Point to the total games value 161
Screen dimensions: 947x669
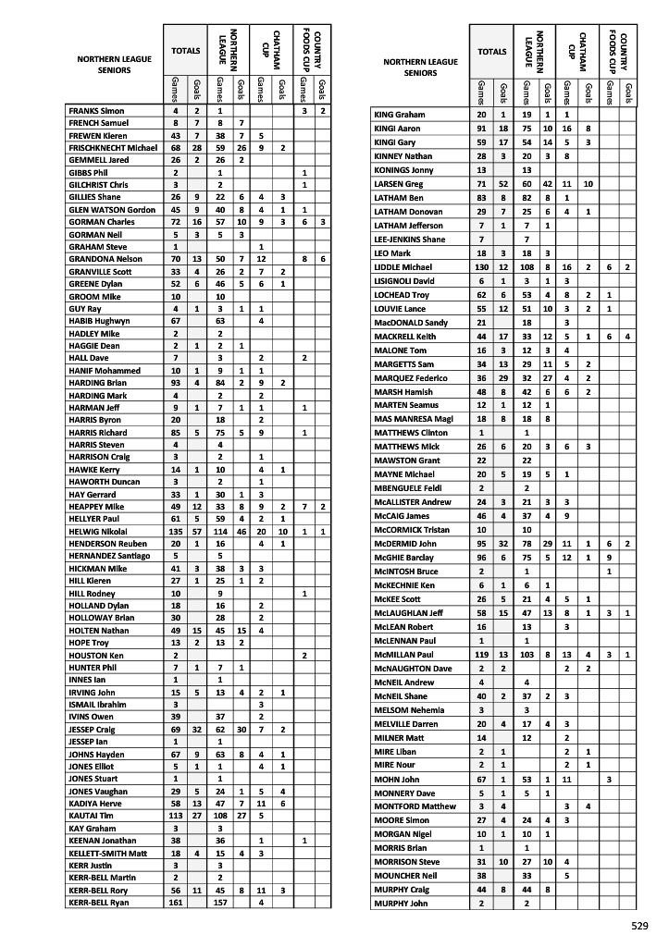[x=175, y=902]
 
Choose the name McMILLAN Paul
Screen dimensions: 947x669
[x=403, y=655]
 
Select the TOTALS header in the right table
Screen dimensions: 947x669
[x=491, y=53]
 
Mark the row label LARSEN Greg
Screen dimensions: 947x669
[x=397, y=183]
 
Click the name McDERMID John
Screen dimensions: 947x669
[x=404, y=543]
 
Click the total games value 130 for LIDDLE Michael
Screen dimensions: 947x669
[x=481, y=241]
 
